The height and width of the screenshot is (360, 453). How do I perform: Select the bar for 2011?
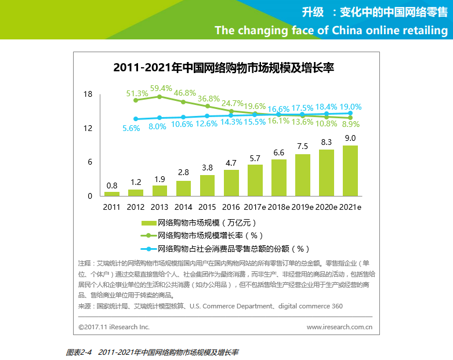coord(112,194)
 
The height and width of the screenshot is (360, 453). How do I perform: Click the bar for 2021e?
coord(350,170)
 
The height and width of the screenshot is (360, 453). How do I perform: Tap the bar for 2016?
coord(231,183)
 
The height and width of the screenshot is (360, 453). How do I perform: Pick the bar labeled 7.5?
coord(302,174)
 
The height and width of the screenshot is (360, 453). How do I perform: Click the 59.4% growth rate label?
coord(161,89)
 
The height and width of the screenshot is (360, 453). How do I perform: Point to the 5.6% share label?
coord(132,129)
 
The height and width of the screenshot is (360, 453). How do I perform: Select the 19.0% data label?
coord(350,107)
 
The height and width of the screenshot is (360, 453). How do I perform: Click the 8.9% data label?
coord(350,124)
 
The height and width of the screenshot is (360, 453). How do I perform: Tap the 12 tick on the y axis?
coord(88,128)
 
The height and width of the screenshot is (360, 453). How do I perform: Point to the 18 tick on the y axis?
coord(88,94)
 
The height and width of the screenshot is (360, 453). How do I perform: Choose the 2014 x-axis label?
coord(183,207)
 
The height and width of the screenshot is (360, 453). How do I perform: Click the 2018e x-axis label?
coord(278,207)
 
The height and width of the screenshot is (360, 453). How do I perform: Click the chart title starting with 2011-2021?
coord(224,68)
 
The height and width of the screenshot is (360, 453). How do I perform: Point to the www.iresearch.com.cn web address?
coord(339,327)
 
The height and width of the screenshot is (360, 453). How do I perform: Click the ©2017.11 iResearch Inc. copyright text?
coord(114,327)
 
